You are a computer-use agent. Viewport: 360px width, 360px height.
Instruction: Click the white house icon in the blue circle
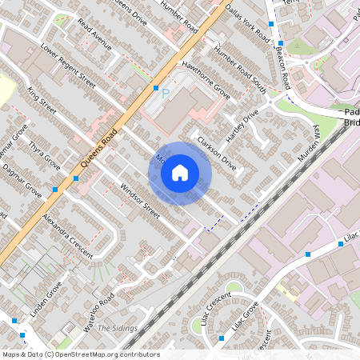[180, 173]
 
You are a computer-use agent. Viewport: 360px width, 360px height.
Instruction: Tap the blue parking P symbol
[166, 94]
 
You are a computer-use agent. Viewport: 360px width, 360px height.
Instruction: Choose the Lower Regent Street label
[68, 66]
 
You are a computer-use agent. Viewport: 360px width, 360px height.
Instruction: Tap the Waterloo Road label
[99, 313]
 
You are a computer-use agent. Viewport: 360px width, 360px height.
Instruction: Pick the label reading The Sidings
[118, 328]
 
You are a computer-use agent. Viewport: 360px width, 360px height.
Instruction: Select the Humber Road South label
[240, 70]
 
